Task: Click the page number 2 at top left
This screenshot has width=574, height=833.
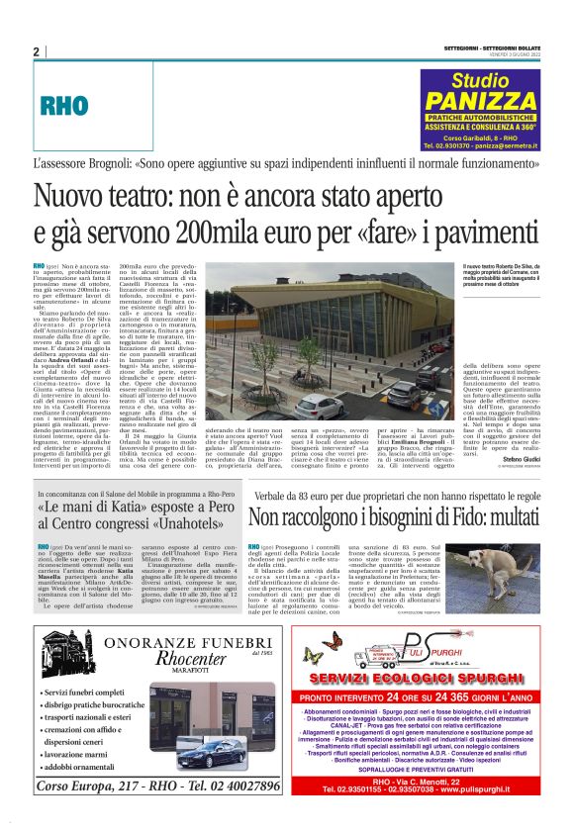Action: [36, 52]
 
